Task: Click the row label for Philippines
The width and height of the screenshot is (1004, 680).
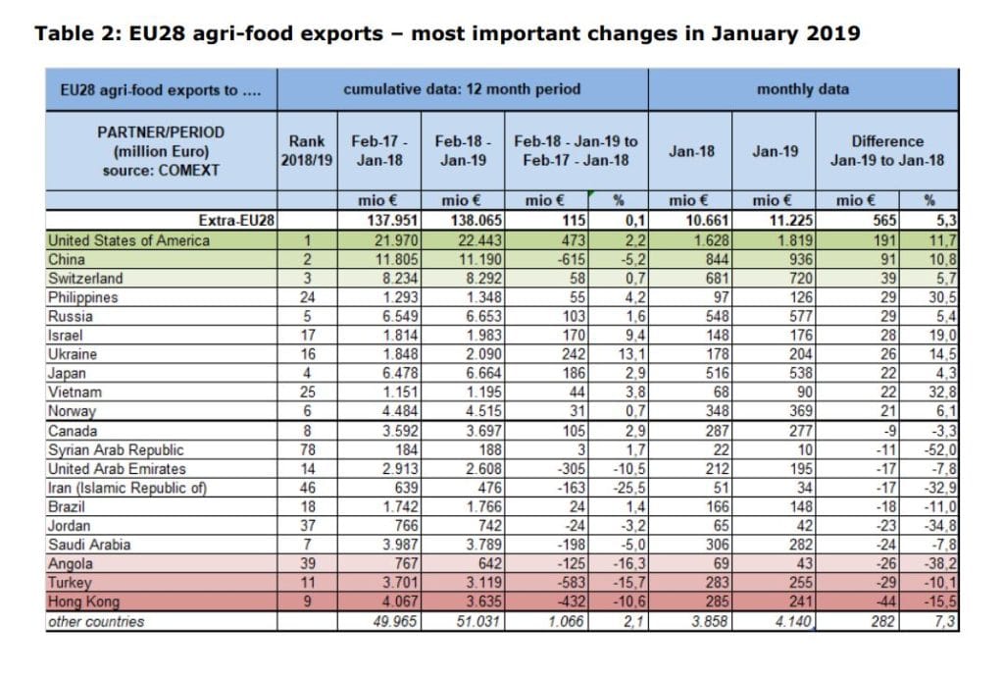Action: coord(83,297)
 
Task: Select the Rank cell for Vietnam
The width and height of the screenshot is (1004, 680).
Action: coord(308,392)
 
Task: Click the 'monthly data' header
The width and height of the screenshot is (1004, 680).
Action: coord(803,89)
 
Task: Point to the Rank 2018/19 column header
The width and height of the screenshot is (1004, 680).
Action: coord(307,150)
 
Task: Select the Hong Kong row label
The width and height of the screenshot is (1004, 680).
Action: coord(84,602)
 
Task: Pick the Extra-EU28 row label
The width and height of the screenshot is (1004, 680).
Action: coord(236,221)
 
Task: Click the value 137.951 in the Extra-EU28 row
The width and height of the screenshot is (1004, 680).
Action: coord(392,221)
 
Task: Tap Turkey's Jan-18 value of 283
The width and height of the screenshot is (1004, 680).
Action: coord(717,583)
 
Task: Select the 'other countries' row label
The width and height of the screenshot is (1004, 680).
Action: coord(96,622)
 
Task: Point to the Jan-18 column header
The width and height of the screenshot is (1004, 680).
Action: coord(691,151)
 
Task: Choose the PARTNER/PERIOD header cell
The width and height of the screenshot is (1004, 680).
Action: coord(161,151)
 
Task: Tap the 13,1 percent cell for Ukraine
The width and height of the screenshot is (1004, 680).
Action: coord(632,354)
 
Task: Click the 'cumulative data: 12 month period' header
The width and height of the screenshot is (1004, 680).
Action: coord(463,89)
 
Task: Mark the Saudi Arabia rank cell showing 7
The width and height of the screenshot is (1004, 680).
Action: coord(308,545)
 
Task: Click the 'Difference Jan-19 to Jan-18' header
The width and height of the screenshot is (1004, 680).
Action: coord(887,150)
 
